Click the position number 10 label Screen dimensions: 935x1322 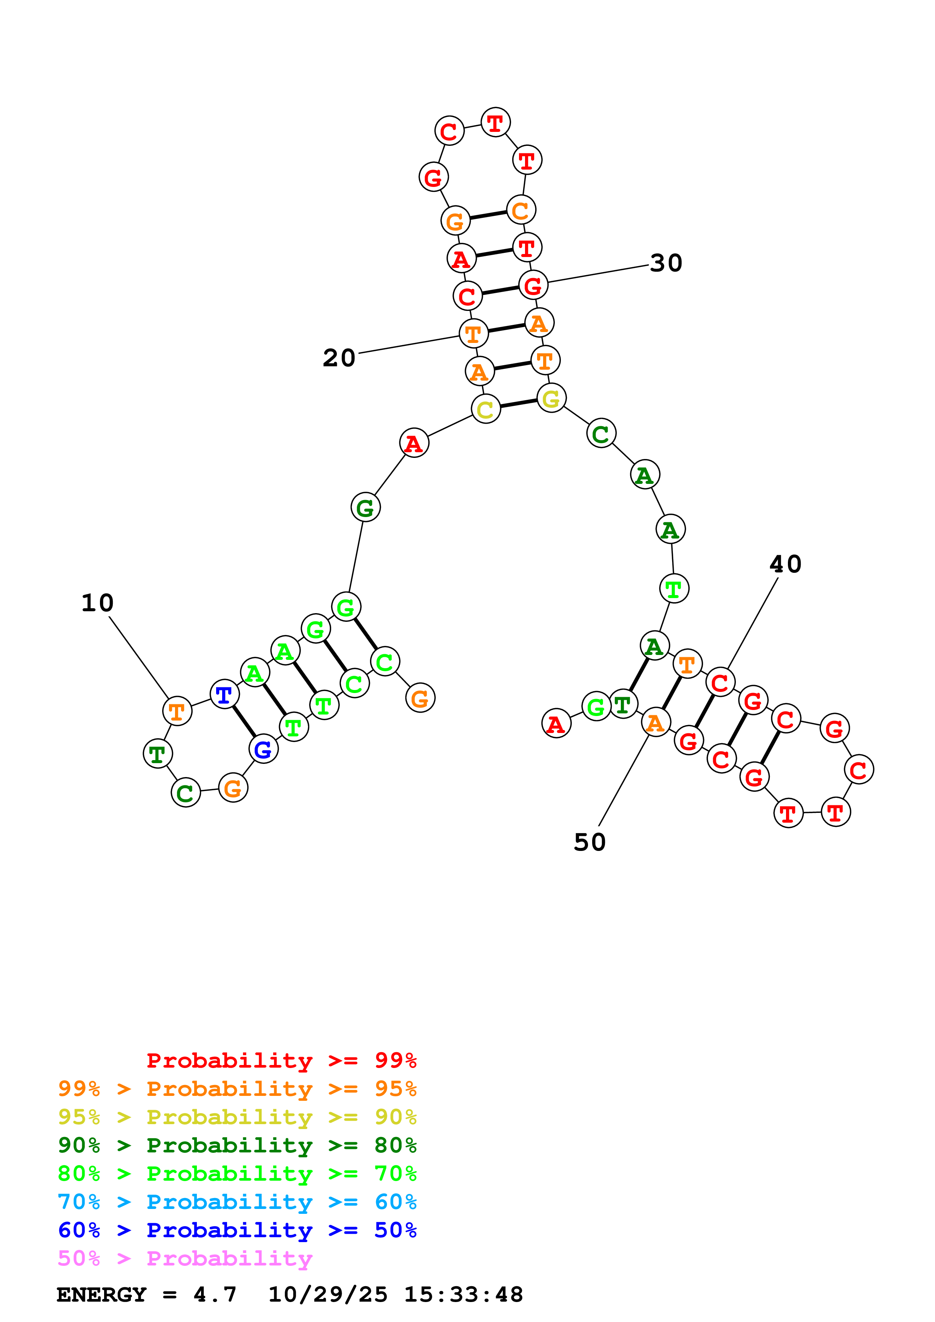pos(97,603)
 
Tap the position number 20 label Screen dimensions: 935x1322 pos(339,358)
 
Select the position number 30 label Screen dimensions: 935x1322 pos(666,263)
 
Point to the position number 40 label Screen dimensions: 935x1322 pos(785,564)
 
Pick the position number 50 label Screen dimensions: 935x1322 pos(590,842)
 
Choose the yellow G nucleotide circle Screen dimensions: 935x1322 pos(551,398)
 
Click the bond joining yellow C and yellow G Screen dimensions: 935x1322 pos(519,403)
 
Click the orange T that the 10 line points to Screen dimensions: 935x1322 pos(177,711)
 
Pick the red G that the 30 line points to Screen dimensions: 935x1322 pos(533,285)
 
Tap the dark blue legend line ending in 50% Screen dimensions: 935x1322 pos(237,1230)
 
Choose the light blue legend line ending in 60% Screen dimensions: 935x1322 pos(237,1202)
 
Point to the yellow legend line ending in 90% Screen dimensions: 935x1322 pos(237,1117)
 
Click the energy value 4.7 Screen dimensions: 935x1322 pos(215,1294)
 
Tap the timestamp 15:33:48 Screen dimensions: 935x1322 pos(463,1294)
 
